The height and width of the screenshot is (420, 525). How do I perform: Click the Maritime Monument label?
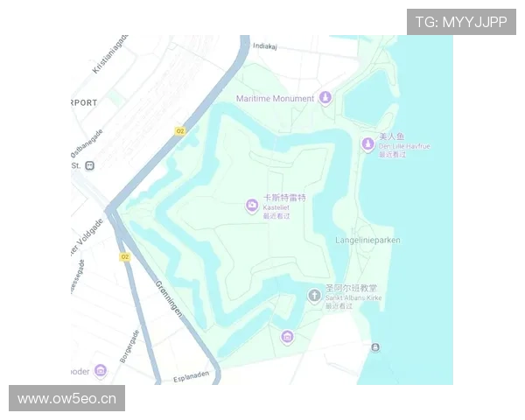click(275, 98)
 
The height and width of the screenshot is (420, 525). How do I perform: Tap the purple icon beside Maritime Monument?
click(325, 97)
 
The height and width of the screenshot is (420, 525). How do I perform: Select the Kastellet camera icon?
click(251, 206)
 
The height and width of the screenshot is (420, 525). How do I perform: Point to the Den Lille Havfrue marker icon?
click(368, 143)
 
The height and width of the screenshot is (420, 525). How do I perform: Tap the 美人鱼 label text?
click(392, 137)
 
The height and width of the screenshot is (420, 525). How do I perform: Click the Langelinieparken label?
click(367, 240)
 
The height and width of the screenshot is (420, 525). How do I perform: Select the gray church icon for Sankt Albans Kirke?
click(314, 297)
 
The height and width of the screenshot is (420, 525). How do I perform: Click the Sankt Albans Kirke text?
click(353, 297)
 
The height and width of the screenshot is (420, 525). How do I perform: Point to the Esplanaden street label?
click(192, 374)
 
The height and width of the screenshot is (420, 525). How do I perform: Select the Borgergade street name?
click(129, 346)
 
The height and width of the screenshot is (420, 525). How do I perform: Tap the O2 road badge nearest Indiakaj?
click(180, 130)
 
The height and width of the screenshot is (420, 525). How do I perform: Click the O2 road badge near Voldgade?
click(124, 256)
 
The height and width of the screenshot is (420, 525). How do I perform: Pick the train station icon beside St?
click(89, 164)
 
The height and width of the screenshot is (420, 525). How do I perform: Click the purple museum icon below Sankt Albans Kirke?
click(287, 337)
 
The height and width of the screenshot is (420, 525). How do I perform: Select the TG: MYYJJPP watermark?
click(461, 22)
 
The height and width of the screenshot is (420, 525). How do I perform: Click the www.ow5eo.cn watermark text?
click(66, 399)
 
